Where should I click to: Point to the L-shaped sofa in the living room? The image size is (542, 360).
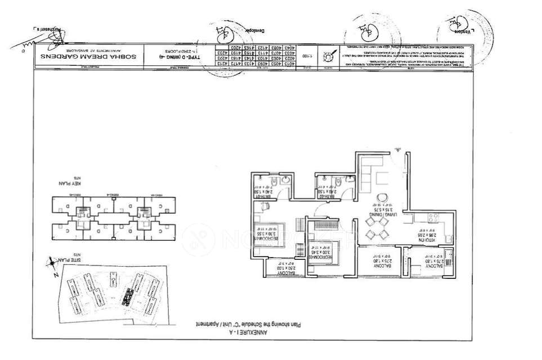[x=369, y=172]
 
